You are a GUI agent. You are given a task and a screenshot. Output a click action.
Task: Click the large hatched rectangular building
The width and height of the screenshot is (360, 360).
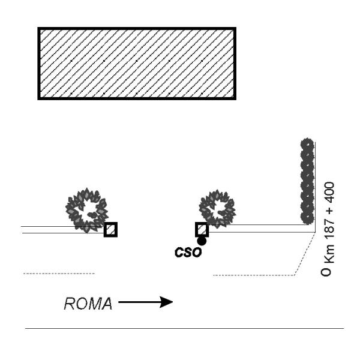(x=137, y=64)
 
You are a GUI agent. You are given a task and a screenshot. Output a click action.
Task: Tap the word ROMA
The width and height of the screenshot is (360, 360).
(x=88, y=304)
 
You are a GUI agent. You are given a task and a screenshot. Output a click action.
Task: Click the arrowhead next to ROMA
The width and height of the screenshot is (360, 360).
(x=166, y=302)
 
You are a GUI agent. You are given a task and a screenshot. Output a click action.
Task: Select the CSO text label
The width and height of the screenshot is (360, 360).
(x=188, y=253)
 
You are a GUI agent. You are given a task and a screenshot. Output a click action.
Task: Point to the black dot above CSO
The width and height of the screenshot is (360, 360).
(x=202, y=241)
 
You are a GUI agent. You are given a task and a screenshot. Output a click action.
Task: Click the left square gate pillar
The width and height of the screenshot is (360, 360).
(x=110, y=229)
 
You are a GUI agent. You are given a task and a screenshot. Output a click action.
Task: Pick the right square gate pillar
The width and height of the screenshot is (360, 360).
(x=202, y=229)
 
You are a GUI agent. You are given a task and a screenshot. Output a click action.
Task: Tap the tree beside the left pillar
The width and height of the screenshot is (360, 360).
(x=87, y=210)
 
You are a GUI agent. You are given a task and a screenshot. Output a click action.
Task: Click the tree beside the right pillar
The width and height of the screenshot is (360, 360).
(x=217, y=208)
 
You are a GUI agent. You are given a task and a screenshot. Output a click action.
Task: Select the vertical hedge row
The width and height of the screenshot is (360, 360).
(x=307, y=181)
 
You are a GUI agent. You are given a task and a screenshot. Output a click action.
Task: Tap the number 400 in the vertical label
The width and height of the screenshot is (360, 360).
(x=328, y=193)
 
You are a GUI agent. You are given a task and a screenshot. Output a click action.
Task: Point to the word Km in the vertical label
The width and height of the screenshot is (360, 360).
(x=328, y=254)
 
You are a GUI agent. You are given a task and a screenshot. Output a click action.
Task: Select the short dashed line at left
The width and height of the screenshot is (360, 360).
(x=59, y=274)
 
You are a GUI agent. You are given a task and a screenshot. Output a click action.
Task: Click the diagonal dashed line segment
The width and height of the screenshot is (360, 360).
(x=305, y=253)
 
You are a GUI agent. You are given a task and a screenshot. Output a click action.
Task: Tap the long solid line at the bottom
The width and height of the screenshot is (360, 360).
(x=184, y=328)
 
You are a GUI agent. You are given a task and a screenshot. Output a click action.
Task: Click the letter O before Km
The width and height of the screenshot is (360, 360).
(x=326, y=272)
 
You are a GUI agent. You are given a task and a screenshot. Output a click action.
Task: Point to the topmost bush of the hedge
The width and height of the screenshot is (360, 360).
(x=307, y=144)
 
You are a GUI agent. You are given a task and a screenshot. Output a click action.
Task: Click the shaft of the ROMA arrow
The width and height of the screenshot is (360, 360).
(x=139, y=302)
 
